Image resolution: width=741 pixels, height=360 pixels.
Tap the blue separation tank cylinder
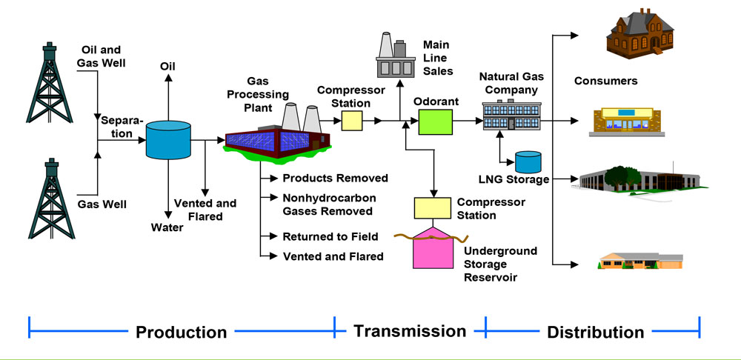pyautogui.click(x=168, y=139)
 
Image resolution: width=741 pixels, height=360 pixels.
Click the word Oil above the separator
pyautogui.click(x=168, y=67)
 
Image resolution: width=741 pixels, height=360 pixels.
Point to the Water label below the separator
pyautogui.click(x=167, y=226)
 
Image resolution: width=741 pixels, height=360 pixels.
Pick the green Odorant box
pyautogui.click(x=436, y=121)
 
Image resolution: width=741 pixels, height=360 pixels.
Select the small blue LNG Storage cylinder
pyautogui.click(x=528, y=162)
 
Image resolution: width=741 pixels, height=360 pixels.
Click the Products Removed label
pyautogui.click(x=335, y=179)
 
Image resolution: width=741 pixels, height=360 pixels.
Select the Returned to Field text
pyautogui.click(x=330, y=237)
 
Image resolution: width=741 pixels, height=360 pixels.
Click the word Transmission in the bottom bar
pyautogui.click(x=410, y=330)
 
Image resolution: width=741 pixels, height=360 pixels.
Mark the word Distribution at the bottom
pyautogui.click(x=595, y=332)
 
